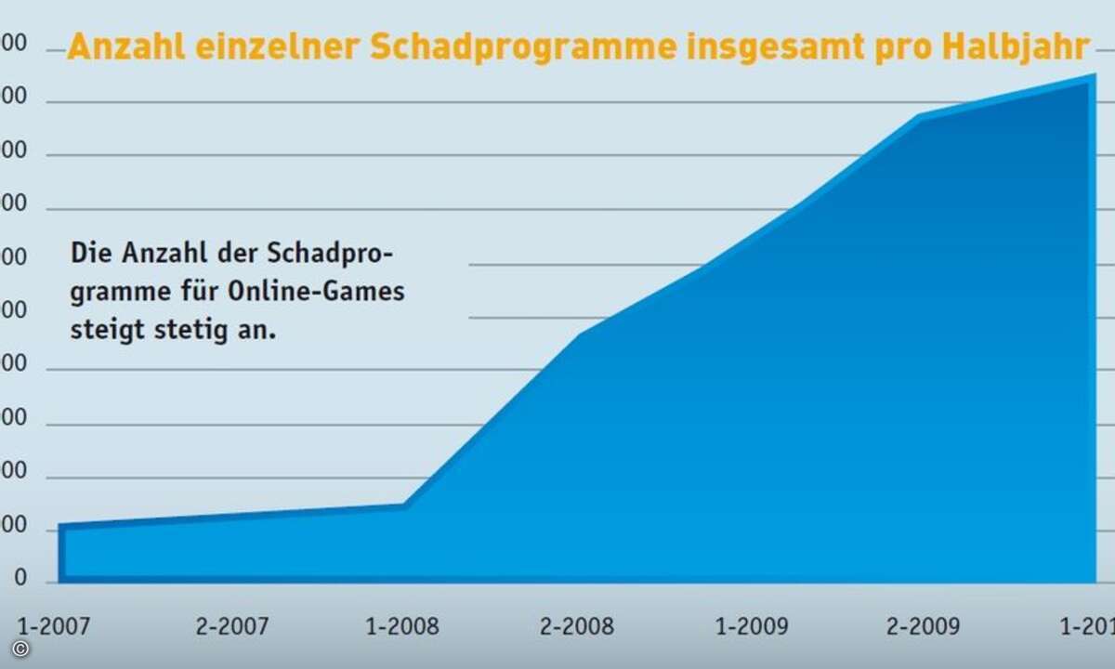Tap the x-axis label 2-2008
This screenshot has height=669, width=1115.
576,626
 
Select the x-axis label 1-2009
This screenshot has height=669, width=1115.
752,626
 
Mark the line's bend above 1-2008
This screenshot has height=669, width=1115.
405,505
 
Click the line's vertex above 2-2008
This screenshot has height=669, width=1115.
578,334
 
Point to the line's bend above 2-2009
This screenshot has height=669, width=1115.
918,117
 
